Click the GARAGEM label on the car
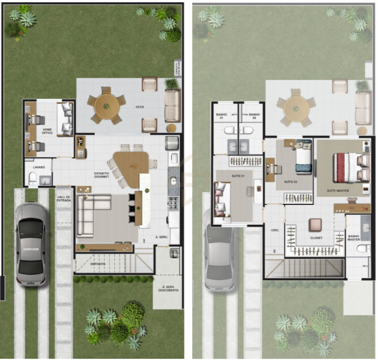pos(31,248)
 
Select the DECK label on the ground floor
pos(140,107)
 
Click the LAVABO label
pos(39,167)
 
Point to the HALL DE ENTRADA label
pos(63,198)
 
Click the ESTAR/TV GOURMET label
pos(101,175)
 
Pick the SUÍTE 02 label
pos(290,182)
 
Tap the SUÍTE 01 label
pos(239,176)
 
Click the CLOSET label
pos(316,238)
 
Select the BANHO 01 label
pos(221,116)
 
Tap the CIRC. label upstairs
pos(275,230)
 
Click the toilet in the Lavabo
pos(33,180)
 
